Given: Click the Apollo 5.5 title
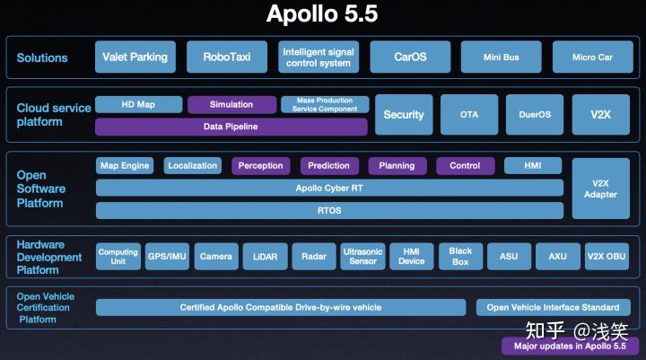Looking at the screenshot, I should (x=322, y=15).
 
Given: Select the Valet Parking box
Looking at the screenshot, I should (x=135, y=57).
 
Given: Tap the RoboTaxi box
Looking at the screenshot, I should (x=226, y=57).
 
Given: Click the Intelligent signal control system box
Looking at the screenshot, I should (x=318, y=57).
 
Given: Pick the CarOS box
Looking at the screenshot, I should (x=410, y=57).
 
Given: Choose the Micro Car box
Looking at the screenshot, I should (x=592, y=57).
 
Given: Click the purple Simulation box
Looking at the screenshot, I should (x=231, y=105).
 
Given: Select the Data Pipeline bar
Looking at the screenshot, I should (x=231, y=127).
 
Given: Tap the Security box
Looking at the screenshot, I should (x=404, y=115).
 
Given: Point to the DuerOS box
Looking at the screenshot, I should (x=535, y=115).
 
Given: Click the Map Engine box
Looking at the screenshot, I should (x=124, y=165).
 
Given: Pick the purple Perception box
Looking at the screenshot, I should (x=260, y=165).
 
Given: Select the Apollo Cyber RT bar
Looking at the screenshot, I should (x=330, y=189).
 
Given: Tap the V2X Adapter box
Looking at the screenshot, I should (x=600, y=189).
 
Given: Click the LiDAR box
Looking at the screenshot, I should (x=265, y=257).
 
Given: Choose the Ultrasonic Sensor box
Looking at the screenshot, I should (x=362, y=257).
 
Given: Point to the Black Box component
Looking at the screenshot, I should (x=460, y=257).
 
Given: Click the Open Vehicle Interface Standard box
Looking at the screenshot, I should (x=553, y=308).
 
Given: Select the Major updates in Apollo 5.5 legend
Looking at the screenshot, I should (x=570, y=346).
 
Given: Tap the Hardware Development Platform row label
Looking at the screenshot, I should (x=49, y=257).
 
